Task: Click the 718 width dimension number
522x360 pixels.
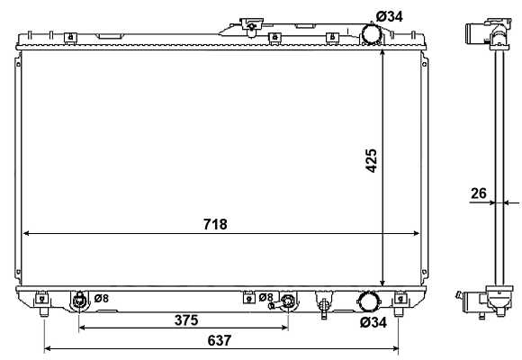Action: (215, 224)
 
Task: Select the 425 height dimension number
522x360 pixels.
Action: (371, 161)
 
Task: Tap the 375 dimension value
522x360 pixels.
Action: (186, 320)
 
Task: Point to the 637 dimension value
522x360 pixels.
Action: (220, 340)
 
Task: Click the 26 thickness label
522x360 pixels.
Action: (479, 193)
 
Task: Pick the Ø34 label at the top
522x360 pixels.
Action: (390, 16)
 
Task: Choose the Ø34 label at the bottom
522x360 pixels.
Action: (373, 322)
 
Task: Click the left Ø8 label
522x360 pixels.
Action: (101, 298)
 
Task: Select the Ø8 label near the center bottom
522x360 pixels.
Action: (265, 297)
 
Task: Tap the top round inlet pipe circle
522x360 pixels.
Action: (372, 34)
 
